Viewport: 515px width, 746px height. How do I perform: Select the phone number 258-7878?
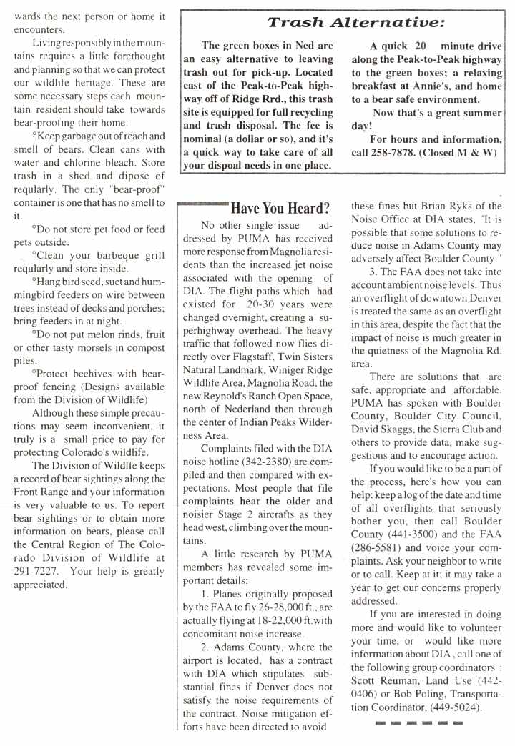pos(379,152)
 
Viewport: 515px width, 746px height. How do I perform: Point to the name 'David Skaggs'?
pos(385,429)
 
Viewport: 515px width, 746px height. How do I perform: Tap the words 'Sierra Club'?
pos(453,429)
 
